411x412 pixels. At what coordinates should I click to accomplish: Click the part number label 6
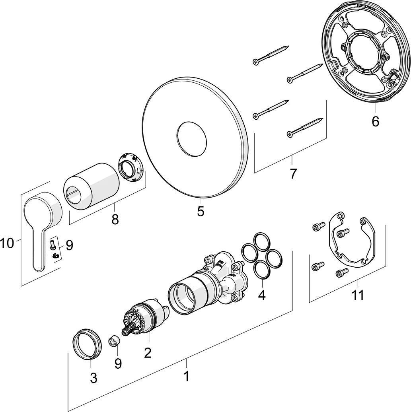pos(375,121)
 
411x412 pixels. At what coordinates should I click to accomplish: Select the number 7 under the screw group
pos(293,174)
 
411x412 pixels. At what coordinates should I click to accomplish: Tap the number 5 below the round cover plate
pos(201,211)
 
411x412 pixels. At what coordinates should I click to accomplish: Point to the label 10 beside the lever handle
pos(7,243)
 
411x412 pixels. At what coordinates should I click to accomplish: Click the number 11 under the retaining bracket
pos(357,295)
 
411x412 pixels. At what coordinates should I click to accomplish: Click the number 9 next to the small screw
pos(69,245)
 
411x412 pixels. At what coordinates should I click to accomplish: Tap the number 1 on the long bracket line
pos(186,375)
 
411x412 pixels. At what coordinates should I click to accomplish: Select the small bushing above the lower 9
pos(113,341)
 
